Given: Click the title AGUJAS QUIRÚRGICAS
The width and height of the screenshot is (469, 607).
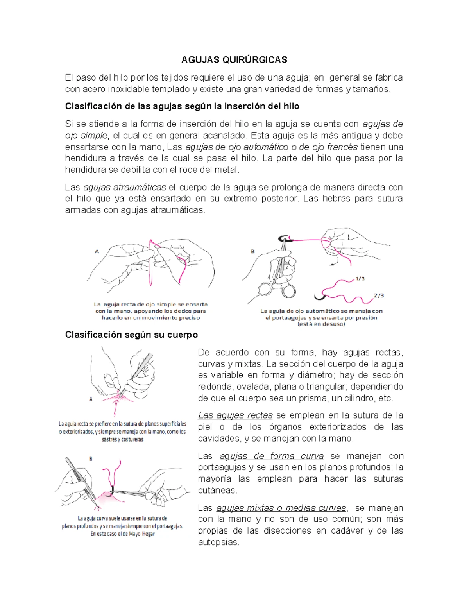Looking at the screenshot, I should click(234, 59).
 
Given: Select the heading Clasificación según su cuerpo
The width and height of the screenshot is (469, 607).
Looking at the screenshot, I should click(131, 335).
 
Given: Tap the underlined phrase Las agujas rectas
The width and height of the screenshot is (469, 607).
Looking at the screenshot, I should click(235, 415).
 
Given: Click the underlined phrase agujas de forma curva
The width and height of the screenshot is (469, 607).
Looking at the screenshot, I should click(272, 456).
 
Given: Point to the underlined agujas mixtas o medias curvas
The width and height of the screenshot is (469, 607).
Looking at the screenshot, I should click(281, 508).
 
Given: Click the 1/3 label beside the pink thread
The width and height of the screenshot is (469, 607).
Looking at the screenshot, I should click(360, 279).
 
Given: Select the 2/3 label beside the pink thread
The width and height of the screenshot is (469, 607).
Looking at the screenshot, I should click(379, 295).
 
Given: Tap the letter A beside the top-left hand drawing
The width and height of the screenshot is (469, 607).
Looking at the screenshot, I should click(97, 252).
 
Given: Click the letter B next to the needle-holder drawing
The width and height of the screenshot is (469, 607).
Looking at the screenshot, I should click(252, 251).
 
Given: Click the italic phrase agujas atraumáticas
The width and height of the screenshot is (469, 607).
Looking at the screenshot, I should click(125, 187).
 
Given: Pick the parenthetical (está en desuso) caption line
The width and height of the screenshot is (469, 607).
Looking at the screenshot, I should click(321, 324).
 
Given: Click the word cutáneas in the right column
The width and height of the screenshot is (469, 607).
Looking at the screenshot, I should click(217, 490).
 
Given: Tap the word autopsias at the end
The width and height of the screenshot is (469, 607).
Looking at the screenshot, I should click(218, 543).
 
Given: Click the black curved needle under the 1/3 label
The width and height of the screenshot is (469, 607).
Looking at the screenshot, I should click(320, 296).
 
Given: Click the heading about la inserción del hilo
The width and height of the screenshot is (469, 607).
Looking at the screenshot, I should click(182, 106).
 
